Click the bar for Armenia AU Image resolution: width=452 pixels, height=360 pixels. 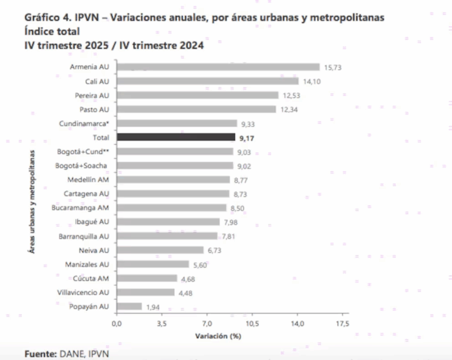[x=218, y=67]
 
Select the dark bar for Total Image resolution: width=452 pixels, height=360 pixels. [x=176, y=137]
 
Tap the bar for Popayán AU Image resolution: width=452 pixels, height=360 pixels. [x=129, y=306]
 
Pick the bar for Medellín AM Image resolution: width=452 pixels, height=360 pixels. [x=173, y=180]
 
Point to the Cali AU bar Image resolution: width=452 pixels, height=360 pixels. [x=207, y=81]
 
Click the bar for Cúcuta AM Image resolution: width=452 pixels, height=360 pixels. [x=147, y=278]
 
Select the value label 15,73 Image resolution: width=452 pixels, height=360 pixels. [x=332, y=67]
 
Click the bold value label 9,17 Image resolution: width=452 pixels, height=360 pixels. [x=247, y=137]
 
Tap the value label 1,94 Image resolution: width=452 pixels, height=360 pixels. [x=153, y=306]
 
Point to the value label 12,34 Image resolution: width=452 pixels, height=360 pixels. [x=289, y=110]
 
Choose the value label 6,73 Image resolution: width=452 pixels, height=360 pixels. [x=214, y=250]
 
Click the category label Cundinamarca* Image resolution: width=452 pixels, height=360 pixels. [x=87, y=123]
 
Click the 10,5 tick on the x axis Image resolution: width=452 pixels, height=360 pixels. [x=252, y=323]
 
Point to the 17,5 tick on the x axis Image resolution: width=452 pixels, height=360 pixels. [x=342, y=323]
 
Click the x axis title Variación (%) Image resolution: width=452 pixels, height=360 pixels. [x=218, y=336]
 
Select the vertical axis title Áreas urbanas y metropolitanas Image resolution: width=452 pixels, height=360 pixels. [x=32, y=205]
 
